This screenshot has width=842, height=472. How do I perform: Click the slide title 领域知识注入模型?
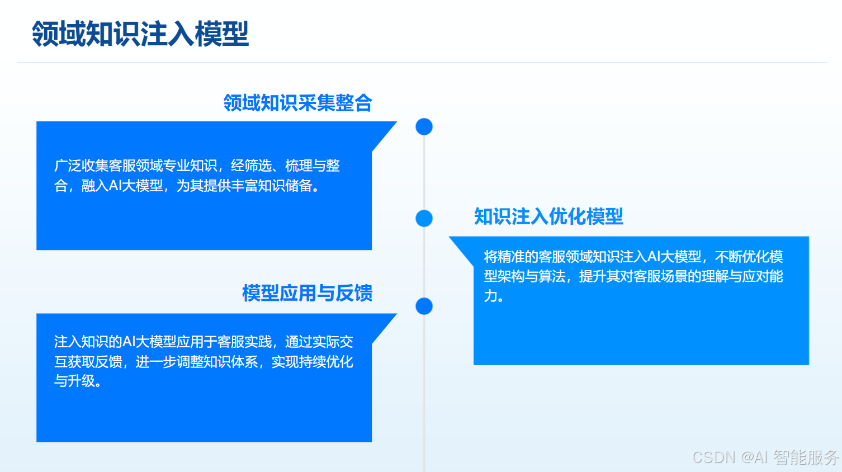pos(140,34)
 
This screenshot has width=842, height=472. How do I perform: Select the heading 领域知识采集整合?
pos(297,103)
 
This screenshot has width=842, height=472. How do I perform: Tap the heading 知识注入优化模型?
pos(548,216)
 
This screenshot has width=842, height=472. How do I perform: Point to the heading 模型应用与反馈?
pos(307,293)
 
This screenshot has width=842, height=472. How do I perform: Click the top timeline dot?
pos(424,126)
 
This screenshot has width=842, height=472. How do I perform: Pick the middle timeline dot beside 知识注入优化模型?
pos(424,218)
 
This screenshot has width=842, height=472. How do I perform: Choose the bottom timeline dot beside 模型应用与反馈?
pos(424,306)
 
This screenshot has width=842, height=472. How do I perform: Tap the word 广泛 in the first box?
pos(68,166)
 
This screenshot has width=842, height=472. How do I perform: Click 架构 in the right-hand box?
pos(511,276)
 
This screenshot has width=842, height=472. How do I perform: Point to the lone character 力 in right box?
pos(490,296)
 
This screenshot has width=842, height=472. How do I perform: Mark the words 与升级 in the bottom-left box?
pos(74,381)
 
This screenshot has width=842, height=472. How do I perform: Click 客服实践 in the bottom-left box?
pos(244,342)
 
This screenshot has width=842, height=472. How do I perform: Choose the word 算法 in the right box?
pos(552,276)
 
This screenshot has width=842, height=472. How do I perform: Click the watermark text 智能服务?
pos(806,457)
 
